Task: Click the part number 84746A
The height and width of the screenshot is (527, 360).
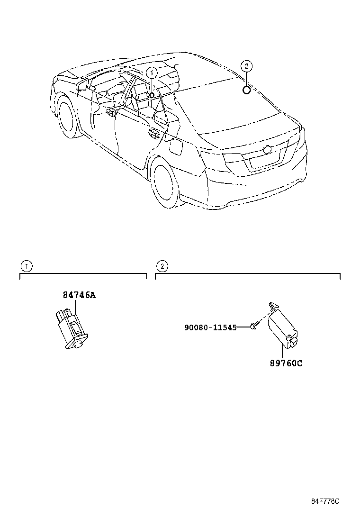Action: point(79,295)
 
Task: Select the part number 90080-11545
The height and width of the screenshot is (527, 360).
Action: point(210,327)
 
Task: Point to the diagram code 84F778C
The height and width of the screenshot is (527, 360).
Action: point(325,501)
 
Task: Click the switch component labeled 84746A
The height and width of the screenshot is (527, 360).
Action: point(71,327)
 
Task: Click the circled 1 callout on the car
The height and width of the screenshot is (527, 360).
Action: point(151,73)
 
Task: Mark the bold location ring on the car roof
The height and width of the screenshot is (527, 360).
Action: point(247,90)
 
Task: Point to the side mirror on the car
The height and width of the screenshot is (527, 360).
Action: point(82,86)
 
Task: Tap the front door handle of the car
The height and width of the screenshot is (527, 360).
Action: point(112,111)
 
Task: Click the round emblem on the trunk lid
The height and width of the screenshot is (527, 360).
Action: point(267,150)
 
